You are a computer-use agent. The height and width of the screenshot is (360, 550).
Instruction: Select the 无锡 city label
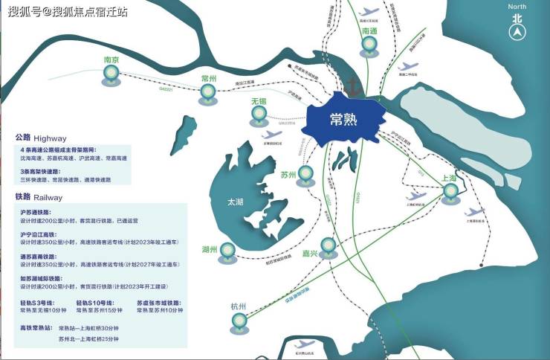click(x=259, y=100)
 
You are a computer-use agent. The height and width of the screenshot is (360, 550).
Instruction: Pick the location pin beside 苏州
click(x=304, y=173)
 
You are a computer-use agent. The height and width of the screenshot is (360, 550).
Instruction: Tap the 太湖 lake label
click(x=236, y=201)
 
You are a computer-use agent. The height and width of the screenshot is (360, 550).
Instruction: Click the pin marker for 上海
click(x=450, y=193)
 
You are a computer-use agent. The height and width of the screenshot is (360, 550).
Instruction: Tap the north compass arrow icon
click(x=517, y=31)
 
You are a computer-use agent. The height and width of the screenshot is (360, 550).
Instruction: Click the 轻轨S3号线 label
click(x=36, y=302)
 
